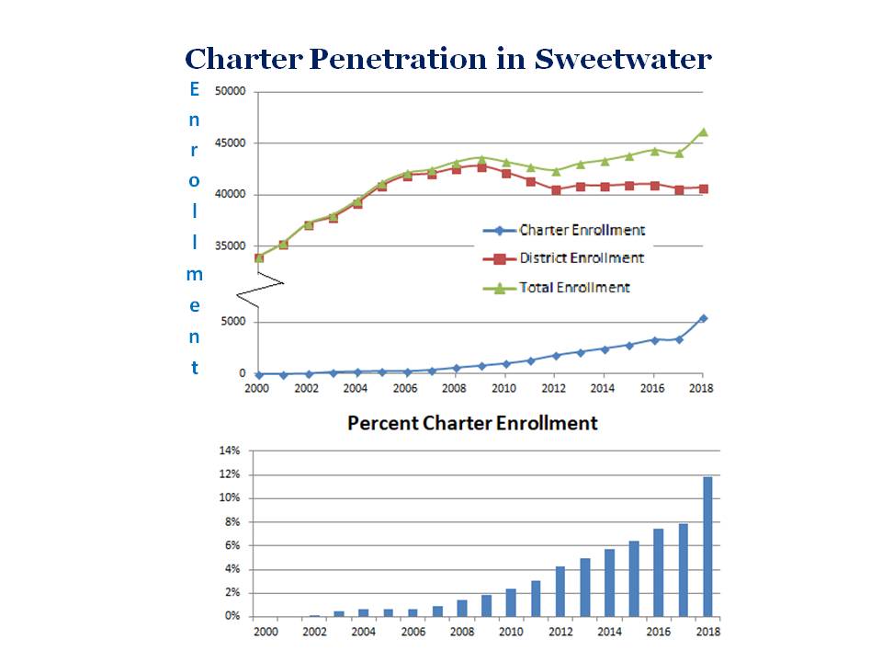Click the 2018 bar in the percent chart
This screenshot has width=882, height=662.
tap(707, 546)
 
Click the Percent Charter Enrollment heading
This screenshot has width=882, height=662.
tap(472, 423)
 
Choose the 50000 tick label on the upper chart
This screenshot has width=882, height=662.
tap(230, 92)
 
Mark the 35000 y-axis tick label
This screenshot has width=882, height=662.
tap(230, 246)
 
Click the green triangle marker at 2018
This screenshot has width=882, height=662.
tap(704, 131)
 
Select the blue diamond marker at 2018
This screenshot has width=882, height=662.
tap(704, 318)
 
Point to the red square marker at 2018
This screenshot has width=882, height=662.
tap(704, 188)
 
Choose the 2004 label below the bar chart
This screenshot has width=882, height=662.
tap(363, 632)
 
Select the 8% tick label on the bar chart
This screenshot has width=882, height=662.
tap(231, 522)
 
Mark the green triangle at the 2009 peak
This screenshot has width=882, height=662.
tap(481, 159)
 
